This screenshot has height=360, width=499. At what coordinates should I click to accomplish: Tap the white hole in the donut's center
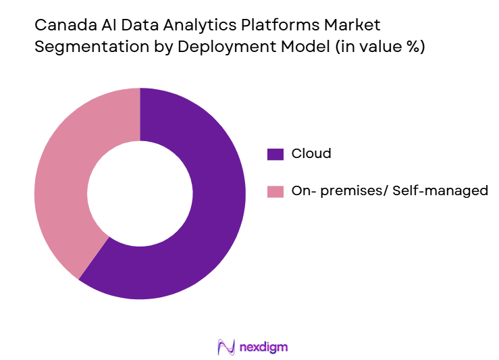[x=140, y=194]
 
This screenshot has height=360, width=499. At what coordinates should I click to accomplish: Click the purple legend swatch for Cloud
[x=275, y=154]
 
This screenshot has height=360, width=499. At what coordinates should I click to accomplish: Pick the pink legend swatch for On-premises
[x=275, y=191]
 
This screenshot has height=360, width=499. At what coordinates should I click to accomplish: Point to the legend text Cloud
[x=311, y=153]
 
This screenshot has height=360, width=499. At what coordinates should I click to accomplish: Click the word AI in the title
[x=102, y=26]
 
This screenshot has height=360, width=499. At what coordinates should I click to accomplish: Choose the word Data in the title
[x=132, y=26]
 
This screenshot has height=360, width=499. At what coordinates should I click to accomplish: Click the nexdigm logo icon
[x=226, y=347]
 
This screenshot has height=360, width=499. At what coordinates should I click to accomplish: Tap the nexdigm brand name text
[x=264, y=347]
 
